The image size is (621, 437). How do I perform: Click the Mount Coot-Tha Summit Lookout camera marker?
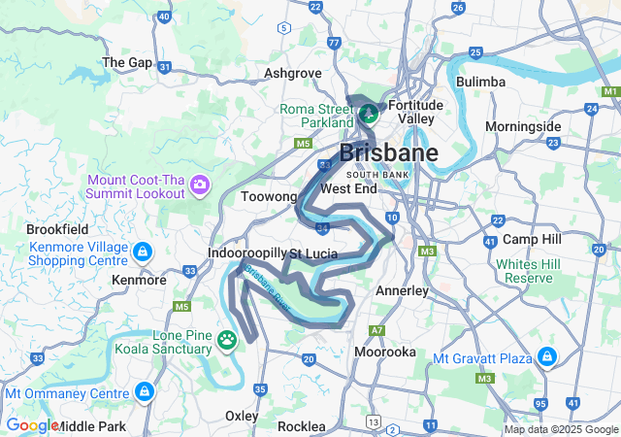pos(200,184)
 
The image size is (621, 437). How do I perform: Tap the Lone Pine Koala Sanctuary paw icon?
pos(227,339)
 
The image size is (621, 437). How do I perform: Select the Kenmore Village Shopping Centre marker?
pos(144,252)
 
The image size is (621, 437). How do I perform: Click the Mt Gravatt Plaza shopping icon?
pos(548,357)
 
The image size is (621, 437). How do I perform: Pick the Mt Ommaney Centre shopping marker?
pos(145,391)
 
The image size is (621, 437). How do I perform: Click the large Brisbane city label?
pos(388,152)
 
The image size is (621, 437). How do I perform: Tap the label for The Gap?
pos(127,62)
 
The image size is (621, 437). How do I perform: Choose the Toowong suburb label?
pos(268,196)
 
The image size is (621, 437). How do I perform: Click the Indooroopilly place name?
pos(247,252)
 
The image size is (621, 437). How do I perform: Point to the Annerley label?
pos(402,290)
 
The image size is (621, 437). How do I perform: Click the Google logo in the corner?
pos(32,425)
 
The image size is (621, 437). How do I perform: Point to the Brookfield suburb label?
pos(57,229)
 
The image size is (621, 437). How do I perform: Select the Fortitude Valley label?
pos(415,111)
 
